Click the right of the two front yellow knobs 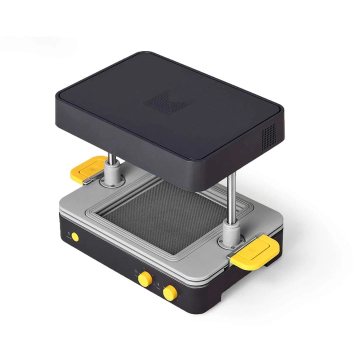170,292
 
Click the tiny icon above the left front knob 135,270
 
